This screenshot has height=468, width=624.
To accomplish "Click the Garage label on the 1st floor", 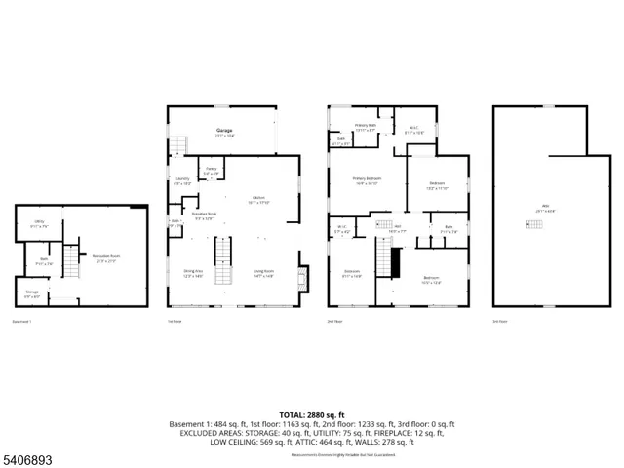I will coord(224,131).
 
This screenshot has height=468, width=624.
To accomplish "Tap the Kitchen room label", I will coord(259,200).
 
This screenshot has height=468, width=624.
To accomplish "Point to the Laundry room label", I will coord(182,181).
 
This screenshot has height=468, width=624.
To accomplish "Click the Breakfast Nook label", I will coord(203,215).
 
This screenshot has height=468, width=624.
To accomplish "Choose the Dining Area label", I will coord(193,274).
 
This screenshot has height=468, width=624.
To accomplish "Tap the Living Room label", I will coord(263,274).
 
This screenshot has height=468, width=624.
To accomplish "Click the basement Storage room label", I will coord(32,292).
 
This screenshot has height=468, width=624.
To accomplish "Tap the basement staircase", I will coord(69,260).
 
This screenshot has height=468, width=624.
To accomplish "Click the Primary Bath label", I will coord(366,126).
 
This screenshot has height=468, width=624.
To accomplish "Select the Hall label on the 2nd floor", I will coord(398,228).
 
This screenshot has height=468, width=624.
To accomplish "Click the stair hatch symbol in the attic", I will coord(533,225).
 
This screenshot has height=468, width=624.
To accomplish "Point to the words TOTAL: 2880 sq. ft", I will coord(311,414).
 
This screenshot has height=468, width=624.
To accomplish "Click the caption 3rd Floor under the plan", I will coord(500,321).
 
